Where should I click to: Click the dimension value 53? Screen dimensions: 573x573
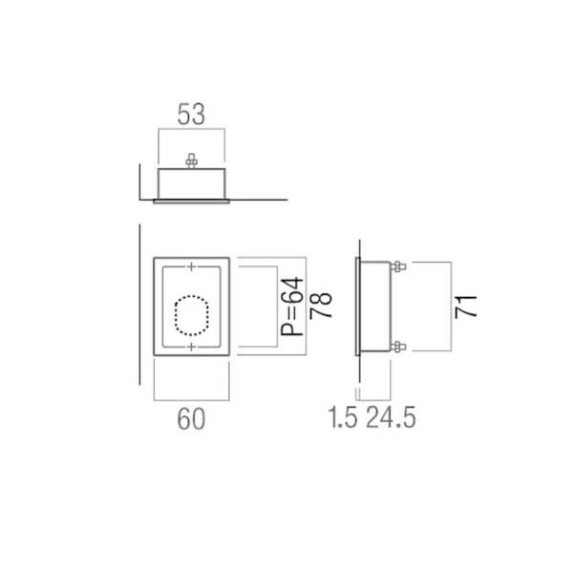point(191,115)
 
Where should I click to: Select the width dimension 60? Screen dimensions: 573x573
point(191,417)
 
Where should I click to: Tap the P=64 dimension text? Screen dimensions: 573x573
point(291,307)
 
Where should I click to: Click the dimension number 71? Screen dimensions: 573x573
point(465,307)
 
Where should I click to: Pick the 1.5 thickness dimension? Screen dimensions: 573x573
point(342,417)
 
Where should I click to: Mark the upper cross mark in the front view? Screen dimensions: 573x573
point(192,265)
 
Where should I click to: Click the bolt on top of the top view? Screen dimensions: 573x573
point(191,161)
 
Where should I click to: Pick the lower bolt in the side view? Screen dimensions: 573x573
point(398,347)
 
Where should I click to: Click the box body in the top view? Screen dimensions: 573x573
point(191,181)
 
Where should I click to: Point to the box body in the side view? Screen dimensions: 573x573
point(376,307)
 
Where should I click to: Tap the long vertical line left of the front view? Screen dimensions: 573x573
point(140,306)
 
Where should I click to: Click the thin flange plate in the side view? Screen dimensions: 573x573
point(356,307)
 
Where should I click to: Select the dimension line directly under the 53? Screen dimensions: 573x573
point(191,131)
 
